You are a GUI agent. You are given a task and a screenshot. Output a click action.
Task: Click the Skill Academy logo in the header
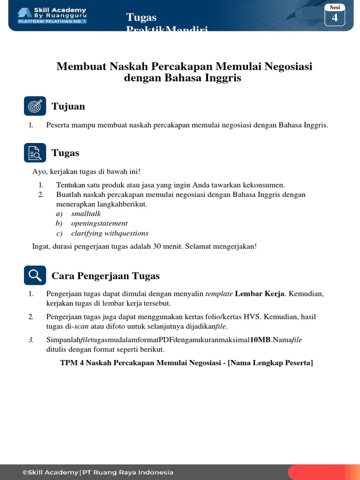pos(51,15)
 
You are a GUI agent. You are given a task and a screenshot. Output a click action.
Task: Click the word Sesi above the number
pos(335,7)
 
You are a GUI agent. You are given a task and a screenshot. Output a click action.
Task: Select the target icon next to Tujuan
pos(35,106)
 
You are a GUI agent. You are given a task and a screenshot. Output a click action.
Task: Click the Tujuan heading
pos(68,106)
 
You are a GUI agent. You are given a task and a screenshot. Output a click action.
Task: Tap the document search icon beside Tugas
pos(35,153)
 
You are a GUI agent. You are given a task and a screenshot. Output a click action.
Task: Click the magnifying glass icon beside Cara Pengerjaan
pos(35,276)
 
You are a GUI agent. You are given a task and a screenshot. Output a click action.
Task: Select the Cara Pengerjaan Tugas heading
pos(105,276)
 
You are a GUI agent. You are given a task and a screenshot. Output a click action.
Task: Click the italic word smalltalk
pos(86,214)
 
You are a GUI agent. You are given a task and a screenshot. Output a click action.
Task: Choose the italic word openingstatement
pos(99,224)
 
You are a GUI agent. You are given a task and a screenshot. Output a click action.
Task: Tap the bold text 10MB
pos(260,340)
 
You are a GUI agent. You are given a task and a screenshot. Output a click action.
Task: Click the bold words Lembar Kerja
pos(259,294)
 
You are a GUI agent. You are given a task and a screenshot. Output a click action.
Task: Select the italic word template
pos(219,294)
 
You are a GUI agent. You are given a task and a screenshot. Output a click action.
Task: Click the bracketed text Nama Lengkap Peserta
pos(270,363)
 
